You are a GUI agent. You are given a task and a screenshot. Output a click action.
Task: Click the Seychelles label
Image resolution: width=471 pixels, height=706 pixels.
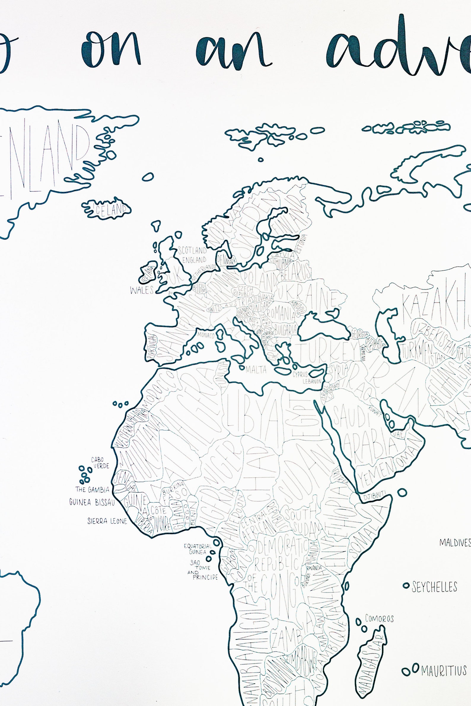pyautogui.click(x=434, y=587)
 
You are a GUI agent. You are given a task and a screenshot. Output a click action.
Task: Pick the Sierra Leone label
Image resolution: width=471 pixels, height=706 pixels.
pyautogui.click(x=107, y=521)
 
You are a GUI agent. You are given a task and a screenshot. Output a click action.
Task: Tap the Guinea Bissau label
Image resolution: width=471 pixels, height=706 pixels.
pyautogui.click(x=92, y=502)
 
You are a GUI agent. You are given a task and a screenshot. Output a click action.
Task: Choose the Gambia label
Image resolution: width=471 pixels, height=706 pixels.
pyautogui.click(x=92, y=490)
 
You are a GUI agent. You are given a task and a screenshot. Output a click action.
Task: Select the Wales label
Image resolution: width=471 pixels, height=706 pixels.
pyautogui.click(x=142, y=290)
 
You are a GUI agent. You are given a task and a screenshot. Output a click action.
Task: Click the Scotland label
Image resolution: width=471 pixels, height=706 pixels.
pyautogui.click(x=192, y=250)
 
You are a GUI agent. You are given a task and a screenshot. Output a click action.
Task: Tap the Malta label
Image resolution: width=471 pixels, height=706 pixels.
pyautogui.click(x=256, y=370)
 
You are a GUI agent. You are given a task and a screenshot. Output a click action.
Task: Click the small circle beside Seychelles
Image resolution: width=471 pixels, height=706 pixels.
pyautogui.click(x=406, y=585)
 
